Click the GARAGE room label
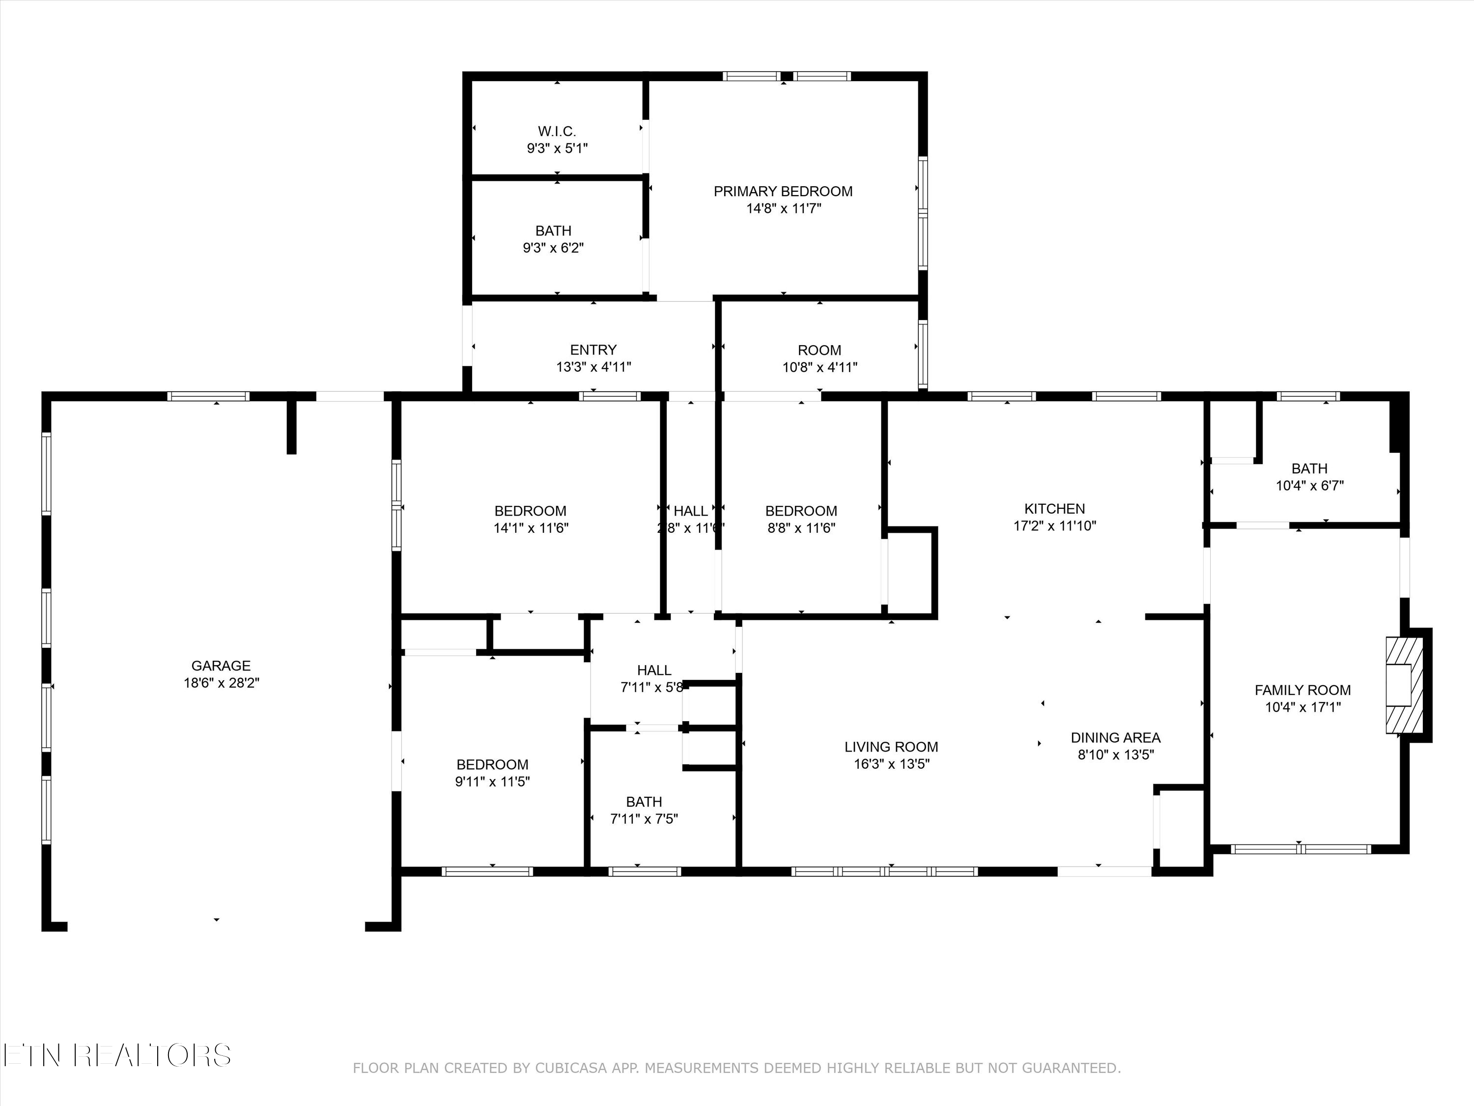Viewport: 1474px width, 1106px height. pos(221,666)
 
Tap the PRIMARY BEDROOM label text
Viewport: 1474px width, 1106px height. pos(783,191)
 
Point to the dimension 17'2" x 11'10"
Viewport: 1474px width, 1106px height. pos(1054,526)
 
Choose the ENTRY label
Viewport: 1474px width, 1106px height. pos(593,350)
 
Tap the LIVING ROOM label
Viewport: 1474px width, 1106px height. pos(891,747)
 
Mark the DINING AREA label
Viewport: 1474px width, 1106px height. pos(1115,738)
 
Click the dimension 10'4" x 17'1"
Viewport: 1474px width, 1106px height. pos(1303,707)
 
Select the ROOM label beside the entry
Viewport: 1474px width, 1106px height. pos(819,350)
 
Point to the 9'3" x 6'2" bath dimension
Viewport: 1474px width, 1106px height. pos(553,248)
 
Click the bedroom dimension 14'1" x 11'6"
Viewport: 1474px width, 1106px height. pos(531,528)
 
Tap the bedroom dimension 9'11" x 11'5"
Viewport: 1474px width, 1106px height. pos(492,782)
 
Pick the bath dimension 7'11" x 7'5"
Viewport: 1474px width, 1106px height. pos(644,818)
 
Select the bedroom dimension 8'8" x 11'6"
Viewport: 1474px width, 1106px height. pos(801,528)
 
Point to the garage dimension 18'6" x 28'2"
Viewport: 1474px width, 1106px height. pos(221,683)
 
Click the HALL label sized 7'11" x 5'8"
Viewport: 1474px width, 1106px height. pos(653,670)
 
